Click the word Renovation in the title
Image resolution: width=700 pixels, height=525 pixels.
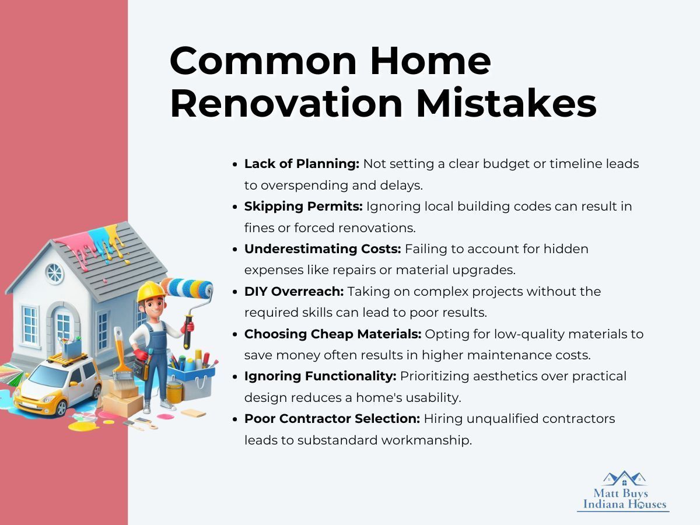(x=286, y=103)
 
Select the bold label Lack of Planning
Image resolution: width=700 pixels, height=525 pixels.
(x=302, y=164)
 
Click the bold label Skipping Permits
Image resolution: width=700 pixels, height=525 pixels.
(x=303, y=206)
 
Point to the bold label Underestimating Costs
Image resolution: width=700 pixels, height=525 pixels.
(x=323, y=249)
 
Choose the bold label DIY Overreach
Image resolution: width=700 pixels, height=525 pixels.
(x=294, y=291)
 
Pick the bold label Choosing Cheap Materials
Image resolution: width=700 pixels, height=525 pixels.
(x=332, y=334)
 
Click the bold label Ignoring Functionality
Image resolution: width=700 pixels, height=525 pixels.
(x=320, y=376)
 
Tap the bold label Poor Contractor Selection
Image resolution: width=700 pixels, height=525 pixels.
(x=332, y=418)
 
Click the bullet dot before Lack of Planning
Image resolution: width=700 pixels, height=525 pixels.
(x=235, y=164)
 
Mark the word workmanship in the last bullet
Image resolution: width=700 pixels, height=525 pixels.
(x=426, y=440)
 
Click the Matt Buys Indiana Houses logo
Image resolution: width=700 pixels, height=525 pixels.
(x=623, y=491)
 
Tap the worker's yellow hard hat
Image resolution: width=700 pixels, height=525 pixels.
(x=151, y=290)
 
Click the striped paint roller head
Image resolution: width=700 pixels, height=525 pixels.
(x=187, y=289)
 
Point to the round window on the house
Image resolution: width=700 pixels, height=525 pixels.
(x=54, y=274)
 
